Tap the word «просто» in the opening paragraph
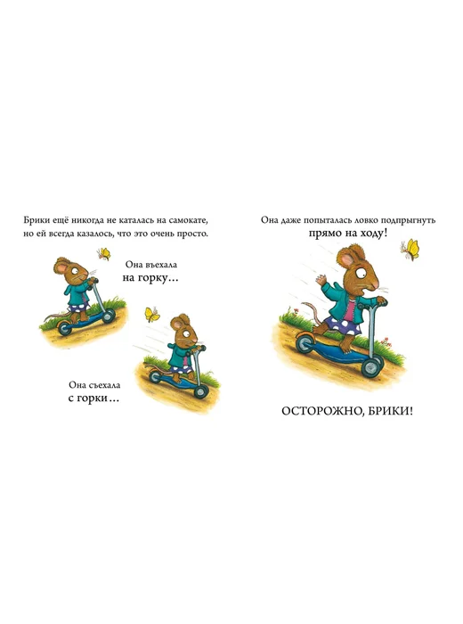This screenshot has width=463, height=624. coord(193,234)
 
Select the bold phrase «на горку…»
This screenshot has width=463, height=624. coord(150,278)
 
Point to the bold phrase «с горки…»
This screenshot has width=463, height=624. coord(93,398)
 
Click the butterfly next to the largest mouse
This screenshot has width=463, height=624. coord(410,250)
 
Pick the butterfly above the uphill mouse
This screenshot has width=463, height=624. coord(103,254)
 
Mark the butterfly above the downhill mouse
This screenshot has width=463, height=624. coord(152,314)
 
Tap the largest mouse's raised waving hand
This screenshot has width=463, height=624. coord(321,281)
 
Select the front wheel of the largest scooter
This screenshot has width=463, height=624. coord(370,367)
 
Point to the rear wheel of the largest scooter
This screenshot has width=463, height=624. coord(306,343)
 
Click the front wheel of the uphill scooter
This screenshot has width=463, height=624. coord(108,316)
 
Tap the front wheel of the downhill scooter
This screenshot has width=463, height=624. coord(201,392)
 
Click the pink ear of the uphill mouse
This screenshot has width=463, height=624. coord(61,267)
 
